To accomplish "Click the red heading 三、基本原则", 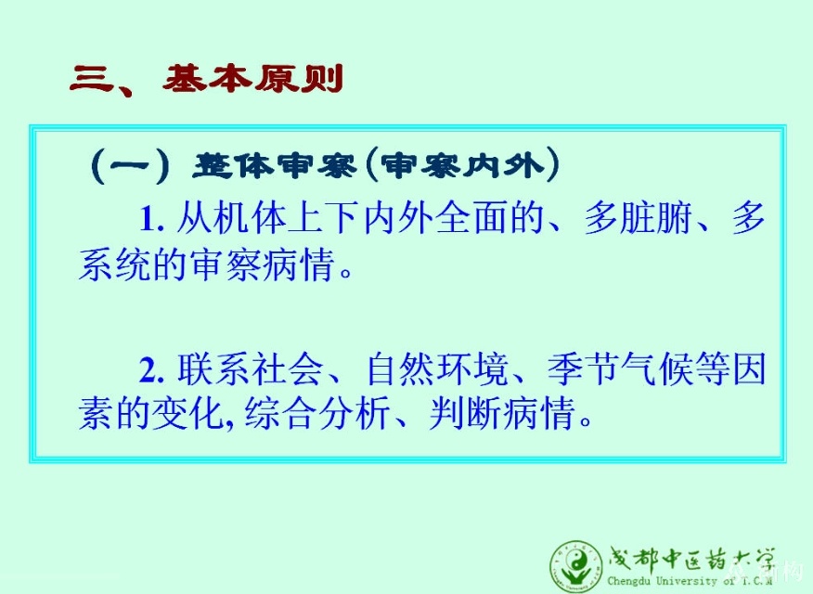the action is (x=206, y=79).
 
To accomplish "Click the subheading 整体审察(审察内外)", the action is (x=376, y=166).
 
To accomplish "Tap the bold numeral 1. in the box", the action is (x=152, y=218).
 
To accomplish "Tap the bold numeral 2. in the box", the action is (x=152, y=370).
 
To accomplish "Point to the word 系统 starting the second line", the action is (x=115, y=265).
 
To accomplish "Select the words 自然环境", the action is (x=436, y=369).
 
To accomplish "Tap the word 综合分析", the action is (x=316, y=414).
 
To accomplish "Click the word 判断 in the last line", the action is (x=465, y=414).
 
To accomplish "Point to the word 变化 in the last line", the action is (x=187, y=414).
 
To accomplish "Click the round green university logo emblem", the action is (x=576, y=566).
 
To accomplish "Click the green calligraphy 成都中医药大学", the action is (x=690, y=560).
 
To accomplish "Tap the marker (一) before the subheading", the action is (x=130, y=166).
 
